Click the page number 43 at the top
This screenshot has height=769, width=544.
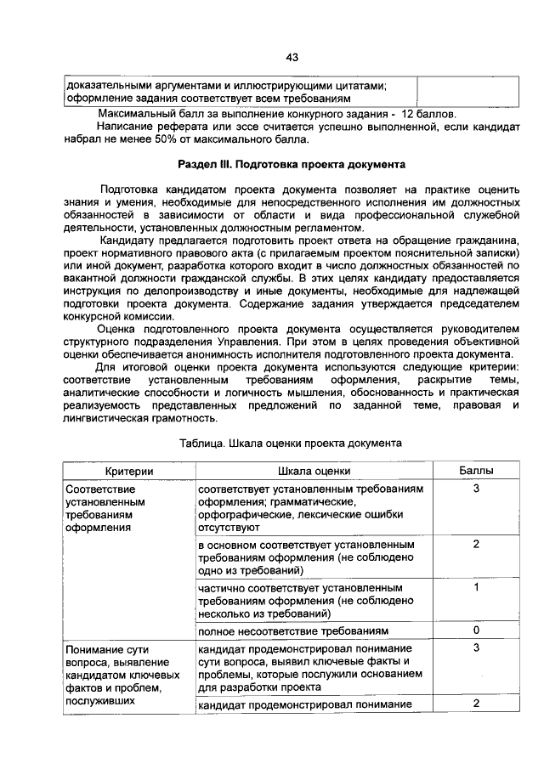coord(292,57)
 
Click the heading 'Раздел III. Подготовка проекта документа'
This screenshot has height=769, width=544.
coord(292,162)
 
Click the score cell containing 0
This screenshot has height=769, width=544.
coord(476,630)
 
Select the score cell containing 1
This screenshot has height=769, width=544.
coord(476,587)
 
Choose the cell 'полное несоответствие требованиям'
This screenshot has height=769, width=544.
coord(293,631)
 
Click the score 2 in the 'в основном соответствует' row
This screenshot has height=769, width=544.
coord(476,543)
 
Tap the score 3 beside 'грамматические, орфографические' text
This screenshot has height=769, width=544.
coord(476,489)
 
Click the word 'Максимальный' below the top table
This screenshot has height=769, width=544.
coord(134,113)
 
